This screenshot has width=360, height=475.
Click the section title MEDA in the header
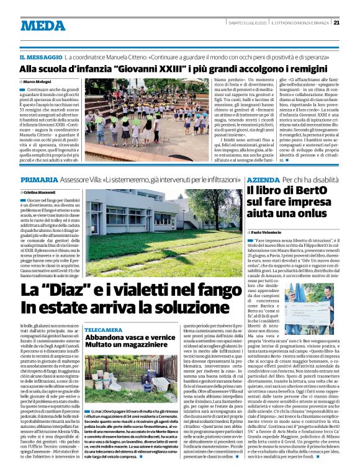[x=43, y=25]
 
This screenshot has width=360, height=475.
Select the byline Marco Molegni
[x=37, y=81]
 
